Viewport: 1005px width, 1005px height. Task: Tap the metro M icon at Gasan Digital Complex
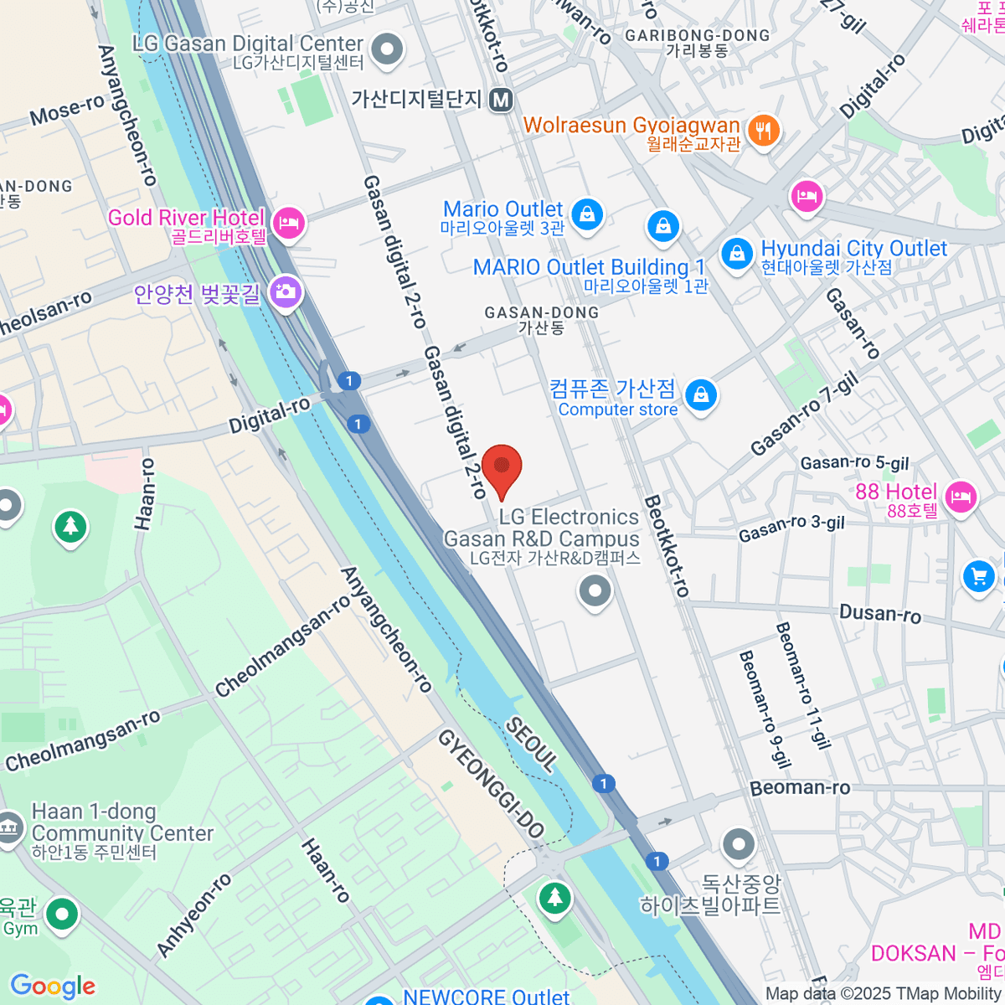[501, 100]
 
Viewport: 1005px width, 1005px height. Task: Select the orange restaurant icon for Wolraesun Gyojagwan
[763, 130]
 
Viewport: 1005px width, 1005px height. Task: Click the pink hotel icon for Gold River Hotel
[289, 223]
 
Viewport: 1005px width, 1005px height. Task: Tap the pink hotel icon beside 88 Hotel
[961, 497]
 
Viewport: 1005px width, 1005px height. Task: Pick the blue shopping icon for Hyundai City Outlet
[737, 252]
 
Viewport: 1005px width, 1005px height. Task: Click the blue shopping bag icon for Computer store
[701, 394]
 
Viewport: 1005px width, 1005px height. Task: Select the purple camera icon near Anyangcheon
[286, 292]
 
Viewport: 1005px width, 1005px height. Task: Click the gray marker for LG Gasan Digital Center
[387, 49]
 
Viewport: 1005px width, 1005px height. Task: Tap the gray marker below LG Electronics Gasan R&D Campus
[595, 591]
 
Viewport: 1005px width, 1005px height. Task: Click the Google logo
[53, 986]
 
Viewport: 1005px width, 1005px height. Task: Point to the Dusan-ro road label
[879, 614]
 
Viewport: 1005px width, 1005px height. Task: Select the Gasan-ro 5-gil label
[854, 463]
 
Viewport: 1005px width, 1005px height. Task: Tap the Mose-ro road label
[67, 110]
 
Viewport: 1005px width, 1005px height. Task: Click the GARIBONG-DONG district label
[697, 36]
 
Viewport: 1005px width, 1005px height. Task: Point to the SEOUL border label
[531, 745]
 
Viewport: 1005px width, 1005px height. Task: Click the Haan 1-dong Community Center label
[122, 832]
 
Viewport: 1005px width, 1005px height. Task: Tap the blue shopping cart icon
[977, 576]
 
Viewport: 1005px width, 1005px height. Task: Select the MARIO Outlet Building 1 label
[589, 267]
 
